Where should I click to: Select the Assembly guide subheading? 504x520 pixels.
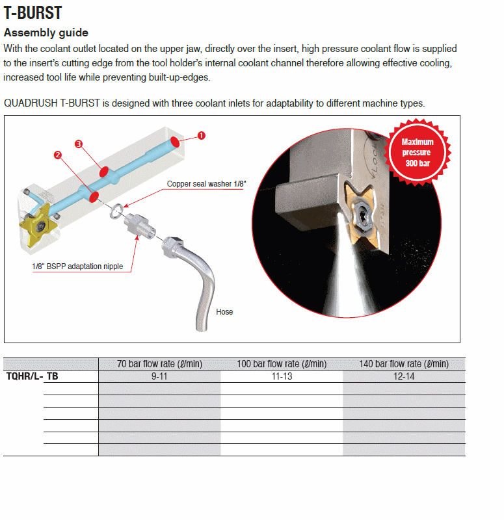pos(46,32)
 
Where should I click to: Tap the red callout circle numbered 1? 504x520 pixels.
pos(201,135)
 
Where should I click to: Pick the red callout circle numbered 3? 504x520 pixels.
pos(79,144)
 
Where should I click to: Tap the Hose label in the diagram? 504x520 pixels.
pos(224,312)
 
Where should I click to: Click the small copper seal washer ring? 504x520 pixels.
pos(114,209)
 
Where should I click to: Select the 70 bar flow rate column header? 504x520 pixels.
pos(159,364)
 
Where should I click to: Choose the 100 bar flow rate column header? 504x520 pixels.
pos(282,364)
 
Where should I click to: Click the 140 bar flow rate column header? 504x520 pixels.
pos(404,364)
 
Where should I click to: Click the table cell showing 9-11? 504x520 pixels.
pos(159,376)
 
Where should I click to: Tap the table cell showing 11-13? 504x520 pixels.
pos(282,376)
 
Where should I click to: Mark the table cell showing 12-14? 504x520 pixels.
pos(404,376)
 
